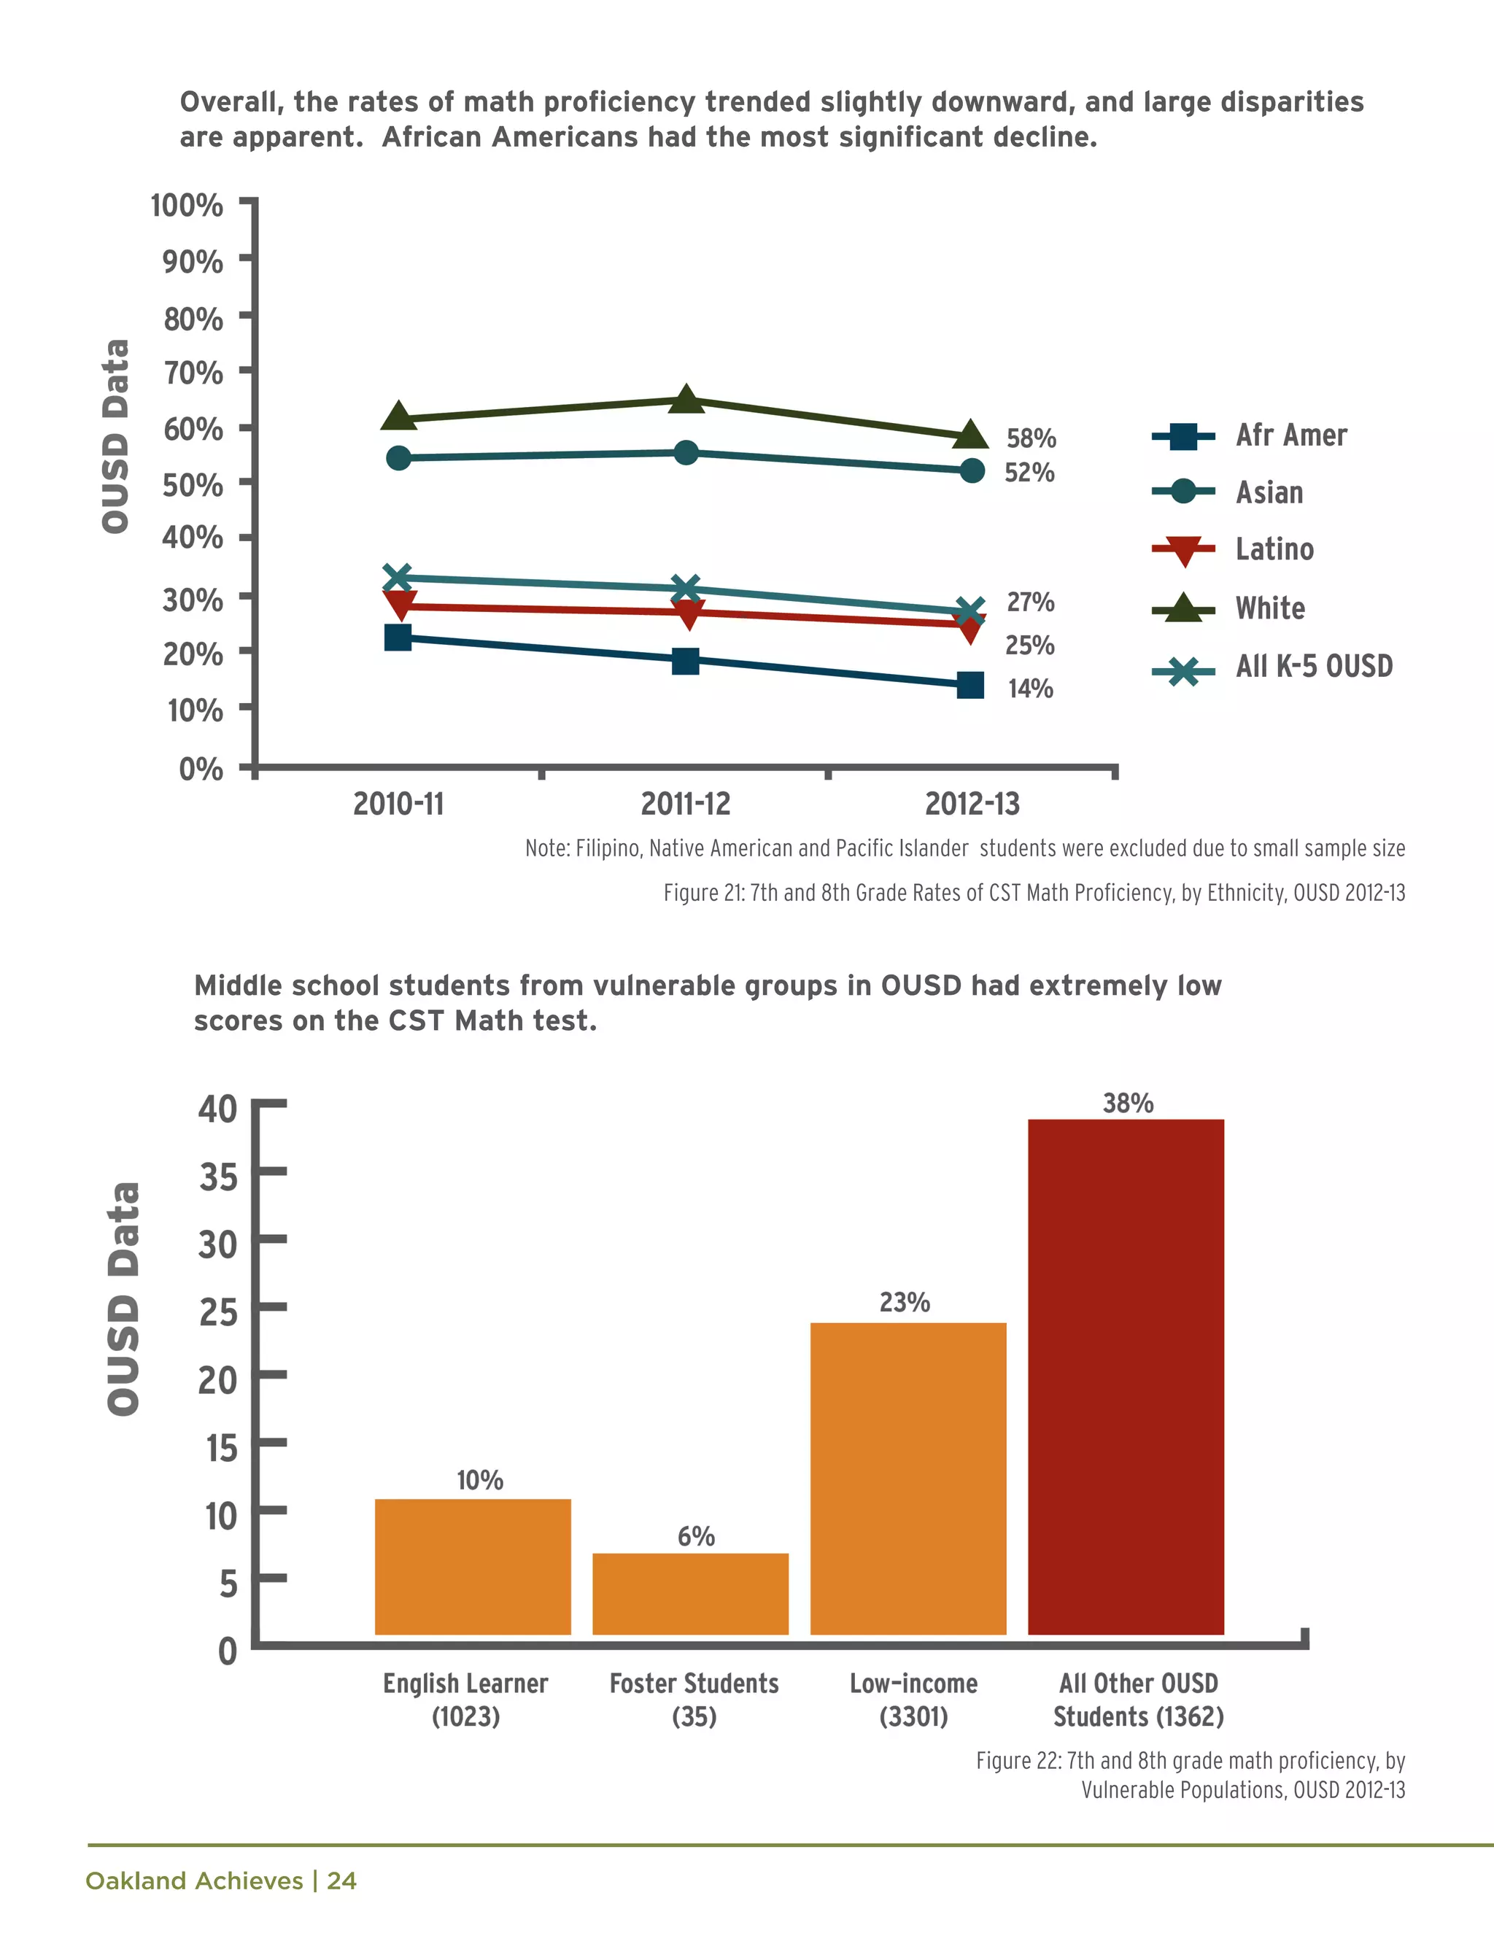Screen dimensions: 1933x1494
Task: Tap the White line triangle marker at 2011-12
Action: (686, 400)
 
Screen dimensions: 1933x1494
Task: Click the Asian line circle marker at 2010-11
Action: (398, 457)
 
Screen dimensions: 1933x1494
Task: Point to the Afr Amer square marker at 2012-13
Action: (970, 685)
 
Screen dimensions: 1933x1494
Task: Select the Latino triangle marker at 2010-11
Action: (399, 605)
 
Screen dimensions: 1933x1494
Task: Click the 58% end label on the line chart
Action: (1031, 438)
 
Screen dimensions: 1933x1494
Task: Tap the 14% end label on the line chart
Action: (1030, 688)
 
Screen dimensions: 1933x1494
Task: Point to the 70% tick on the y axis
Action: (193, 373)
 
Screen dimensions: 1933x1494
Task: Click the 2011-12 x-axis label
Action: (685, 804)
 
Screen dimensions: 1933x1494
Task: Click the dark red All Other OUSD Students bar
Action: (1126, 1376)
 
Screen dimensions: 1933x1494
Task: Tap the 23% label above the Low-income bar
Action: (905, 1302)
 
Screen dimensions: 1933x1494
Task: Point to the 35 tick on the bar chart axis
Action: (217, 1177)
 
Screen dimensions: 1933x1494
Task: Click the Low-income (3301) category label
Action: (913, 1700)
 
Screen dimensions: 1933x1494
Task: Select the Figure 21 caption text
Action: (1034, 892)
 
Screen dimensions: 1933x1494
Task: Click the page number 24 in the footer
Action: (341, 1880)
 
